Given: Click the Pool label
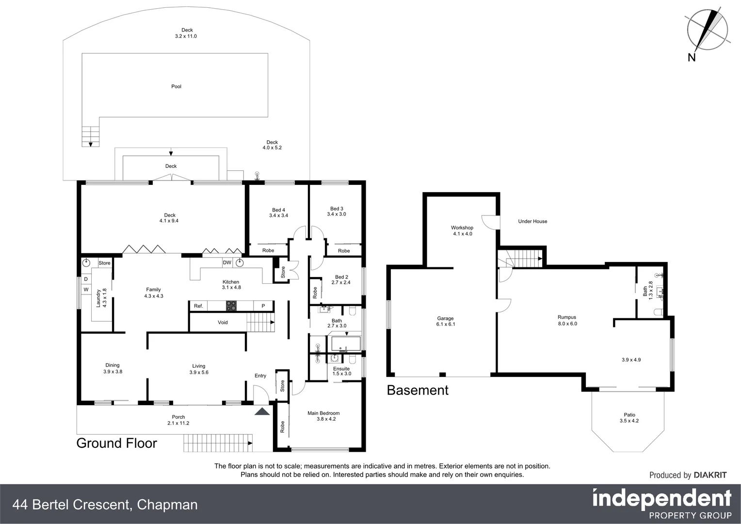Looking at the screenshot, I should [x=176, y=86].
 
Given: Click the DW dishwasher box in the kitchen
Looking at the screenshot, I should [x=227, y=263].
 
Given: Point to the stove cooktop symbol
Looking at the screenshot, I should [x=231, y=306].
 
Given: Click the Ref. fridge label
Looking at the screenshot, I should [x=198, y=306].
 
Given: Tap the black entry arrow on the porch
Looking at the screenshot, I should [x=262, y=412].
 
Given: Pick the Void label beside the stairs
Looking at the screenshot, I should [x=223, y=322].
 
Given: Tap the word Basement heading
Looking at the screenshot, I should [x=418, y=390].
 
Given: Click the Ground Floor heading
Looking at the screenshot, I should [x=117, y=443].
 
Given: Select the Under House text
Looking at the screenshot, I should [x=532, y=221].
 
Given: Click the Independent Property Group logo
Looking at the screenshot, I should [x=662, y=504].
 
